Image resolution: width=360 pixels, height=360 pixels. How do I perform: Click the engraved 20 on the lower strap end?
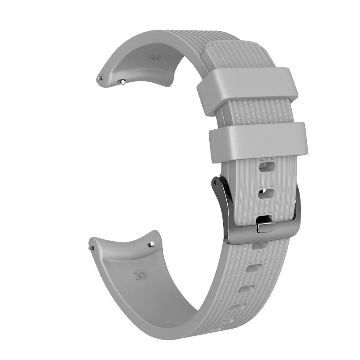pos(140,275)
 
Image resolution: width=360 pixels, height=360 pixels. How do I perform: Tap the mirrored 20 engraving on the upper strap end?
pos(154,58)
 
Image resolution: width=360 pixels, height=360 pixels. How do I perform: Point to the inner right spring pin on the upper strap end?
pos(123,82)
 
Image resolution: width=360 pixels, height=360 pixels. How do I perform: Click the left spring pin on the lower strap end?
pos(92,248)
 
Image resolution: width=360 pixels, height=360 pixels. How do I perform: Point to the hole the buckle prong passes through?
pos(264,219)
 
